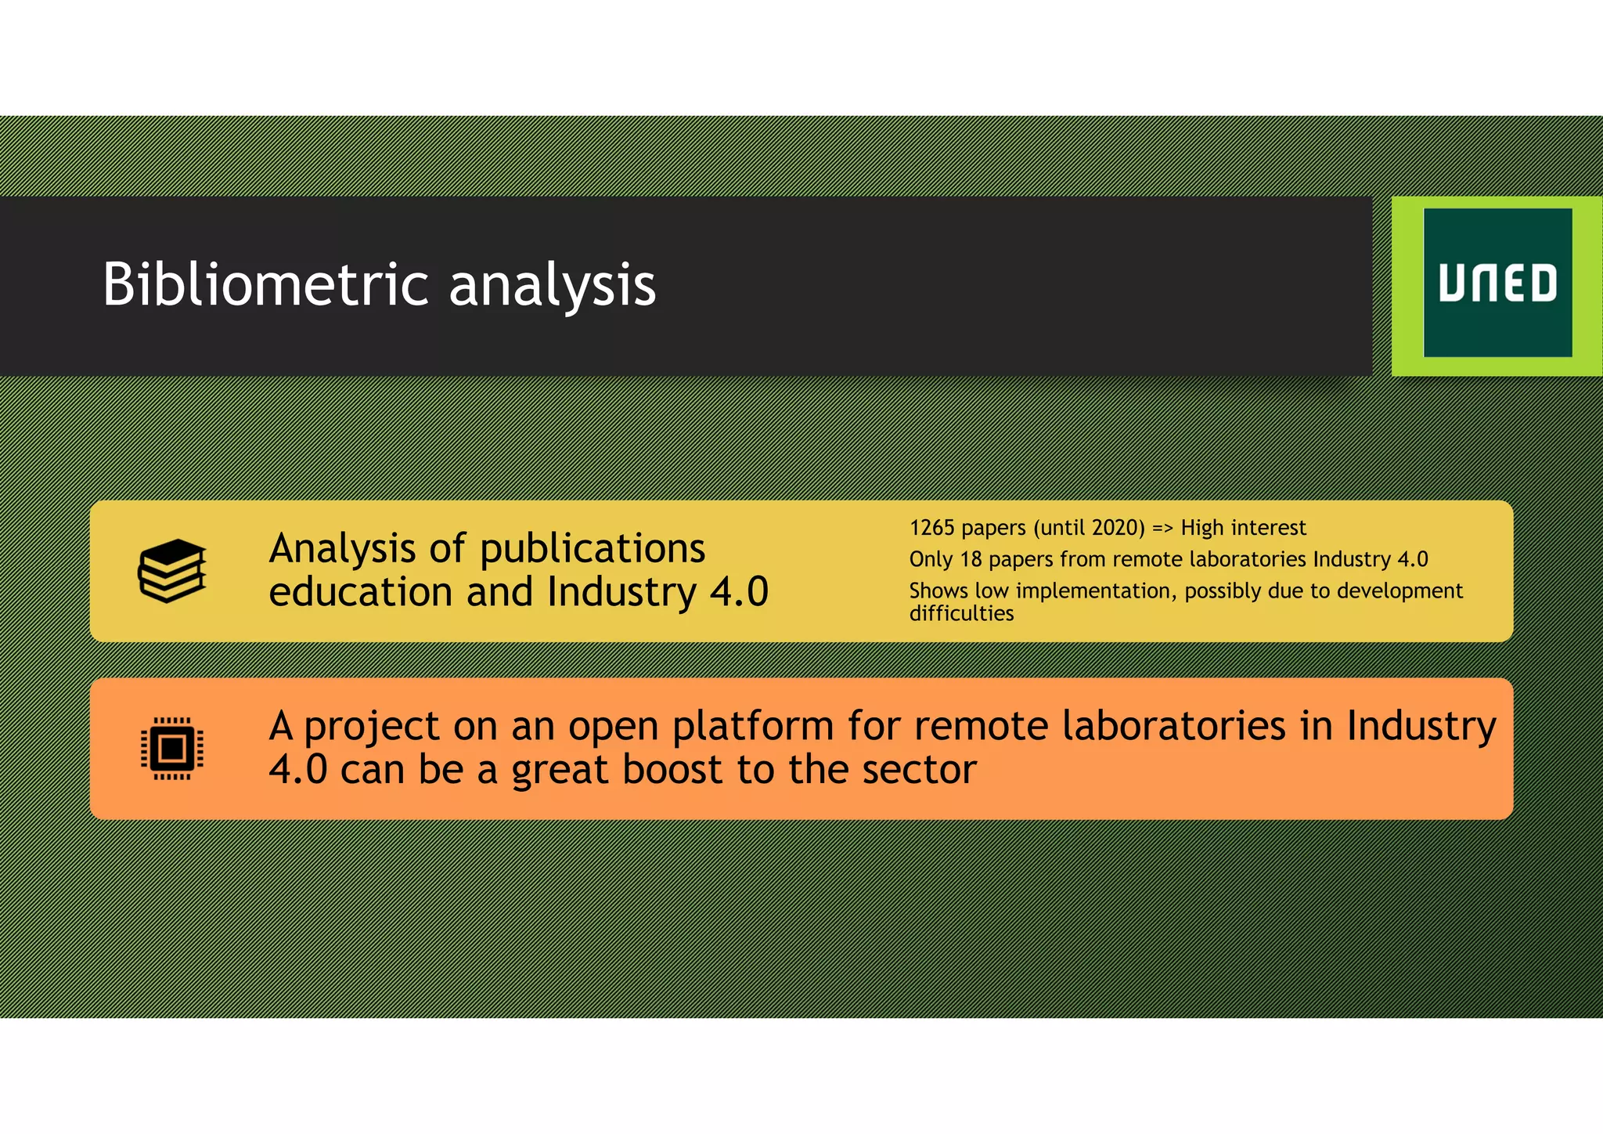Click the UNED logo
pos(1497,283)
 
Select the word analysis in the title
pos(552,285)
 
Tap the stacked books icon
pos(172,571)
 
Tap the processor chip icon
pos(172,749)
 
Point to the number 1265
pos(931,528)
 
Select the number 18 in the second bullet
pos(971,559)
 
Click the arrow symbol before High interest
pos(1162,529)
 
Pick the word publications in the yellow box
pos(592,549)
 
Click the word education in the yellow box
pos(360,592)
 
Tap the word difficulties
pos(961,613)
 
